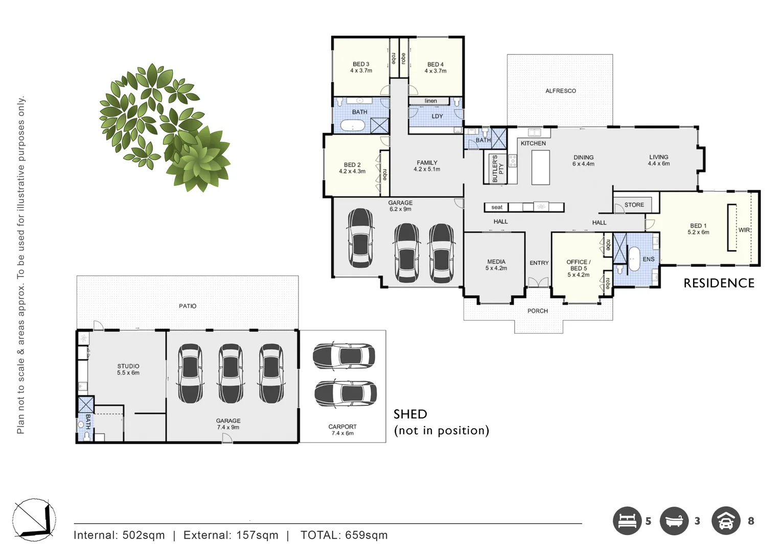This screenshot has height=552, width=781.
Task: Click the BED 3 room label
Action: pos(361,67)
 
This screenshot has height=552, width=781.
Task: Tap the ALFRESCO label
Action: pos(560,91)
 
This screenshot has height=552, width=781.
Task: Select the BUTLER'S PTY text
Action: pos(497,169)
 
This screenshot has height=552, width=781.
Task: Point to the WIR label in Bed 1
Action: pos(744,230)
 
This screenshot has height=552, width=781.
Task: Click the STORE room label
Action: pos(634,205)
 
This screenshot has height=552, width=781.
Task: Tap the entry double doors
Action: pos(538,282)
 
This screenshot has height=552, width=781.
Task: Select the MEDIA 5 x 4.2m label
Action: pos(496,265)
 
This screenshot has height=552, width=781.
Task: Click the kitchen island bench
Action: pos(540,167)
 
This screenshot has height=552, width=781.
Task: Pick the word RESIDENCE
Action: pos(719,283)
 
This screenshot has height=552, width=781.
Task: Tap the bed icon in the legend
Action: pos(627,521)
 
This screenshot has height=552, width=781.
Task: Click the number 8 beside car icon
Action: pos(750,521)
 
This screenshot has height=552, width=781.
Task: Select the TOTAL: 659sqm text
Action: pos(344,535)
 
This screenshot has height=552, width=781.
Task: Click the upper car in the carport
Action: pos(343,356)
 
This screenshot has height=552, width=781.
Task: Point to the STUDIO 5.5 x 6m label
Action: pos(128,370)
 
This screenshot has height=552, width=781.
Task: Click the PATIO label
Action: pos(188,306)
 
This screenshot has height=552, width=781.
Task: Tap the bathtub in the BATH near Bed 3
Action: pos(353,125)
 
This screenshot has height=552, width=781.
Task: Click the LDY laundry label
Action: pos(437,117)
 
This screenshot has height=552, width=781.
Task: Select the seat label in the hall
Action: pos(496,208)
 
